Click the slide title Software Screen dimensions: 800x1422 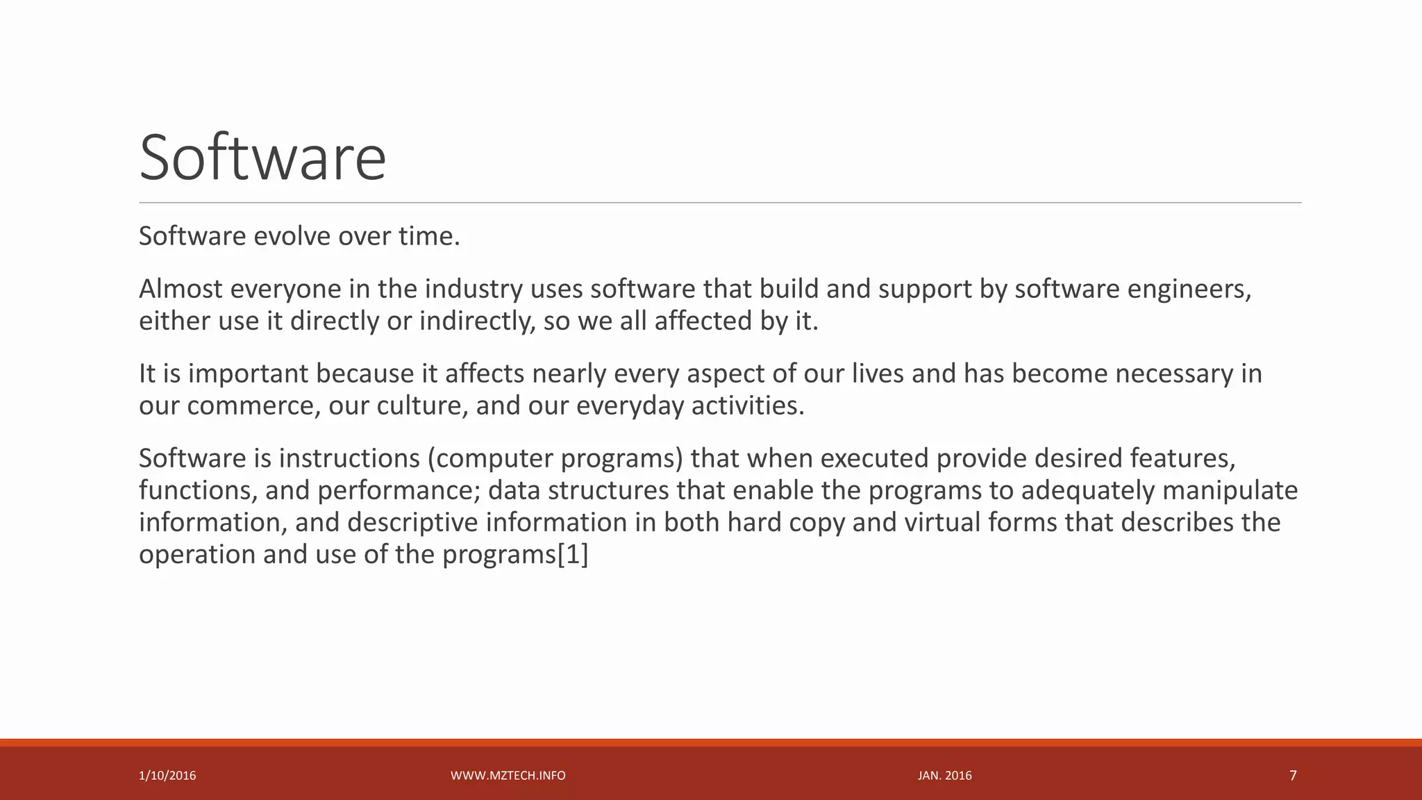pyautogui.click(x=262, y=158)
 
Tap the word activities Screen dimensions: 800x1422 pyautogui.click(x=748, y=406)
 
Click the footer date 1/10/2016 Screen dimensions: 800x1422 pyautogui.click(x=167, y=776)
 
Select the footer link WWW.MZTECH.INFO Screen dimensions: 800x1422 pyautogui.click(x=508, y=776)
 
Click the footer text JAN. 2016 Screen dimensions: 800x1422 pyautogui.click(x=945, y=776)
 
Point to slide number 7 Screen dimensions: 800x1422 pyautogui.click(x=1293, y=776)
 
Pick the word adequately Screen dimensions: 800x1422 pyautogui.click(x=1087, y=491)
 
